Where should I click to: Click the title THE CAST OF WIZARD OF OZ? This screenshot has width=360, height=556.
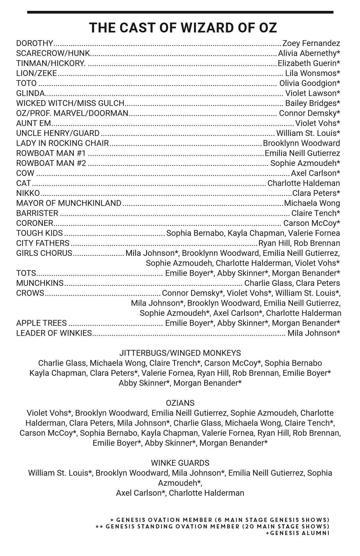(x=183, y=28)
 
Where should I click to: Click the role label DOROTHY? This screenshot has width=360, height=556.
(x=35, y=43)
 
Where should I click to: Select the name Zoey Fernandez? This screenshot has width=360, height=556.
(x=311, y=43)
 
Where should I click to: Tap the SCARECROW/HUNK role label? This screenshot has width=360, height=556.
(x=53, y=53)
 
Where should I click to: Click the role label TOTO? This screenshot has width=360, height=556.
(x=26, y=83)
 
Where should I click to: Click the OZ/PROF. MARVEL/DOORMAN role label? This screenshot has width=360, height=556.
(x=72, y=113)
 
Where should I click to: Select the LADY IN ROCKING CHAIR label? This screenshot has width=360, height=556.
(x=62, y=143)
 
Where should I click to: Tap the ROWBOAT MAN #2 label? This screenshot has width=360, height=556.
(x=51, y=163)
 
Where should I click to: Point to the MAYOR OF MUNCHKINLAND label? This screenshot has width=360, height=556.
(x=69, y=203)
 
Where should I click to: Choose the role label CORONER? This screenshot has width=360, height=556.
(x=34, y=223)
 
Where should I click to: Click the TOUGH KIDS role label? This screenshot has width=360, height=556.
(x=40, y=233)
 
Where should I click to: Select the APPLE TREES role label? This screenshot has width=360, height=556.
(x=41, y=323)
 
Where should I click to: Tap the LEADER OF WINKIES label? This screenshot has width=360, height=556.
(x=54, y=333)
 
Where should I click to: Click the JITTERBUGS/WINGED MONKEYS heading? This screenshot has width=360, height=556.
(x=180, y=353)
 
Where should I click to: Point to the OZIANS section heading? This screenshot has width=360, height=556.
(x=180, y=403)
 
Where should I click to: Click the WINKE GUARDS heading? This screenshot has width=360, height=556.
(x=180, y=463)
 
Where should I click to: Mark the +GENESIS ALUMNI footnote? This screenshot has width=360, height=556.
(x=297, y=533)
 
